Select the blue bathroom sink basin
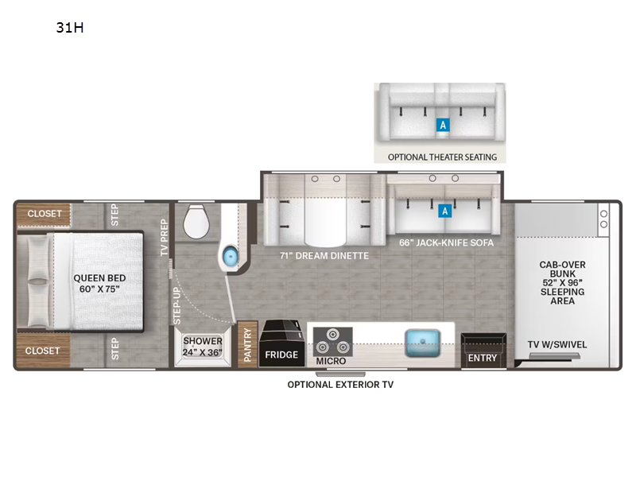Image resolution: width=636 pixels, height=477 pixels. coord(230,256)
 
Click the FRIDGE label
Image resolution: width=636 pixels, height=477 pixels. coord(282,355)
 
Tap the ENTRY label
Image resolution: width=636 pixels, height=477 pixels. coord(482,358)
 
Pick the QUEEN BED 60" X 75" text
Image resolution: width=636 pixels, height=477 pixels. coord(99,284)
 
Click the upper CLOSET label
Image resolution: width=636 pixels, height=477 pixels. coord(44,214)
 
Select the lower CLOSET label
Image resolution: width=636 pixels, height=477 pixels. coord(44,350)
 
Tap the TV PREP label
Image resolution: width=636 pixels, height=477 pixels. coord(165,237)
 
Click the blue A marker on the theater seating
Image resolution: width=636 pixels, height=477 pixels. coord(443,125)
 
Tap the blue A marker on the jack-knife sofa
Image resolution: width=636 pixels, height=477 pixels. coord(445,211)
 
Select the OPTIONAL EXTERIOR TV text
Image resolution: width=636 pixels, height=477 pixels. coord(340,385)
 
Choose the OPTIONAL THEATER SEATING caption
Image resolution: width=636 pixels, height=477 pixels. coord(442,157)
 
